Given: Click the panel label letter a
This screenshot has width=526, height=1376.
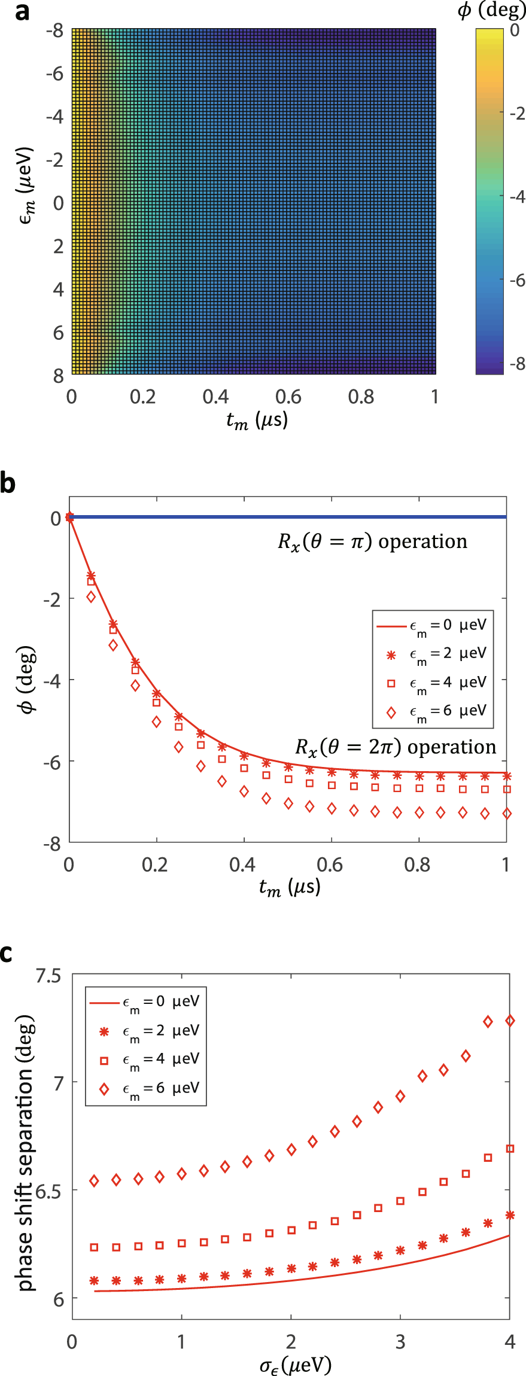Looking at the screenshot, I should coord(22,12).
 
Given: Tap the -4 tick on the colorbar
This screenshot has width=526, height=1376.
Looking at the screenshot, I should coord(516,197).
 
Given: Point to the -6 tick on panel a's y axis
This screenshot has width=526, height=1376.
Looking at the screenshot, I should coord(54,74).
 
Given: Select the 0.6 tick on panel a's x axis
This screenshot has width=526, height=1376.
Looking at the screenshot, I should coord(288,397).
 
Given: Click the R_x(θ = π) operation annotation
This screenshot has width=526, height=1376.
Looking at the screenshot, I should coord(372,542).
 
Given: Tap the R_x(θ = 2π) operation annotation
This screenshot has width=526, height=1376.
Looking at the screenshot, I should coord(396,748).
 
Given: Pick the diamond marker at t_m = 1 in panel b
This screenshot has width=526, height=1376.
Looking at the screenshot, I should coord(507,814).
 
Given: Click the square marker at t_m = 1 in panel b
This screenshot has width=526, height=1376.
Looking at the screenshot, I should coord(507,790).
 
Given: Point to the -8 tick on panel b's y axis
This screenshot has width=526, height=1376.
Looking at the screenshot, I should coord(52,844).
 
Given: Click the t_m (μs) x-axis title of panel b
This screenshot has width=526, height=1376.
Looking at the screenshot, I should coord(290,887).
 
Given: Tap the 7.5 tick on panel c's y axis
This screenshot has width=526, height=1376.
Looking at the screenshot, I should coord(48,976).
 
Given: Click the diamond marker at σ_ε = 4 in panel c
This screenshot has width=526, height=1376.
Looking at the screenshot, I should coord(510,1021).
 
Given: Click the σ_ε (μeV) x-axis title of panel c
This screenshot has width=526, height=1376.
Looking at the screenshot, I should coord(295,1365).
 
